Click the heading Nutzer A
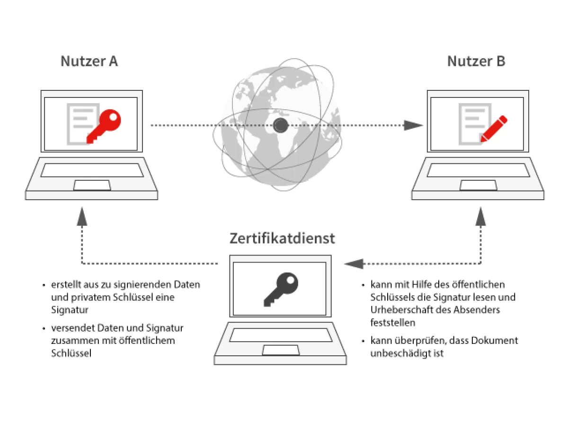pos(89,62)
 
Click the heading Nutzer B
pos(476,62)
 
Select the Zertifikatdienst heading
pos(282,238)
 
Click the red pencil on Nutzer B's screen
pos(493,128)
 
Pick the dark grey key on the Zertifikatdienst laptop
pos(281,289)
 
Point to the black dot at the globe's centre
pos(281,125)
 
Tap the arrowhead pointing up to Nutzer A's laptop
pos(82,215)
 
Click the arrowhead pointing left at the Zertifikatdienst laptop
pos(353,264)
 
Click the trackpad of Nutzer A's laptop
pos(92,185)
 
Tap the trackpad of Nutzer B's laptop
pos(478,185)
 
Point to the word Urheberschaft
pos(399,310)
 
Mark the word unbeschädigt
pos(394,353)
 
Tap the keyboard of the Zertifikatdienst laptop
pos(281,334)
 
